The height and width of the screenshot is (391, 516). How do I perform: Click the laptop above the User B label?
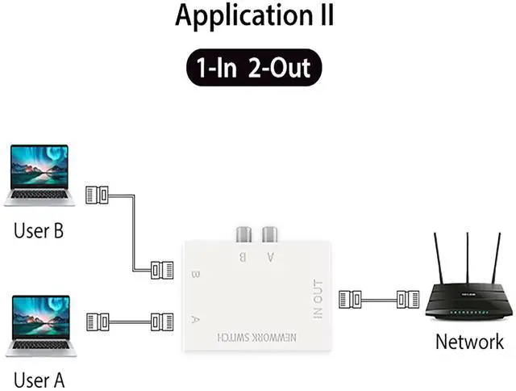(x=40, y=174)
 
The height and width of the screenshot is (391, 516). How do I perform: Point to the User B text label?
(x=38, y=231)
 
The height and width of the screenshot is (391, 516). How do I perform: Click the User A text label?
(x=39, y=379)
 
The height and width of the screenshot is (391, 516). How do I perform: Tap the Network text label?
(x=469, y=341)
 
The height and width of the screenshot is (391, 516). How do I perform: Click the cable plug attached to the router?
(x=408, y=301)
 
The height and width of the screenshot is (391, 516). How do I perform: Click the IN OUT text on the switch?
(x=317, y=299)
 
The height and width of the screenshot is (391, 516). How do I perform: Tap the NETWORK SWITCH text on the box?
(x=257, y=335)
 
